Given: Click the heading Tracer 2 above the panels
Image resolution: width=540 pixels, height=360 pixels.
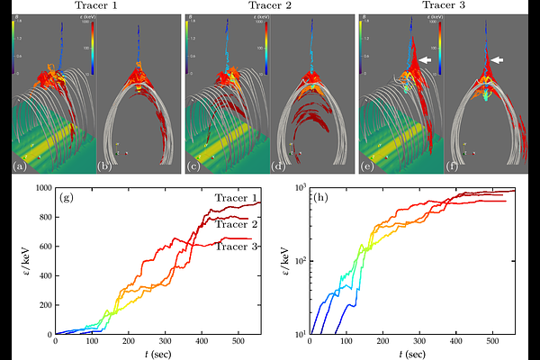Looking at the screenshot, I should click(270, 6).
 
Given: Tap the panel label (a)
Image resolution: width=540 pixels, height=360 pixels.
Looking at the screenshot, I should click(19, 166).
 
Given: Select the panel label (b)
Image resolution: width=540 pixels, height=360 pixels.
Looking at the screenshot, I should click(104, 166).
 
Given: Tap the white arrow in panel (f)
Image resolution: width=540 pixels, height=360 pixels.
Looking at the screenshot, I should click(496, 59).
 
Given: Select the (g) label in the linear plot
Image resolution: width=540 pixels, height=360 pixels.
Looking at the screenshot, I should click(67, 197).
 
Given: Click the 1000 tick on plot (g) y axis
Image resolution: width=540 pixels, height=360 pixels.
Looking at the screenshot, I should click(41, 187).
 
